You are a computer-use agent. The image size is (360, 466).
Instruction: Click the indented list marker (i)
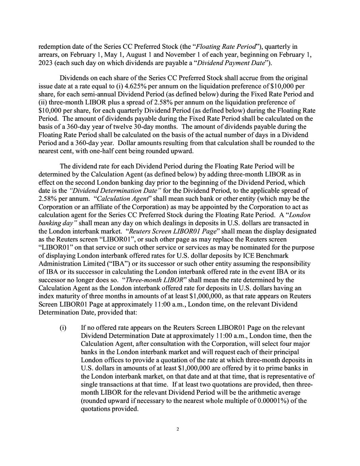tap(63, 328)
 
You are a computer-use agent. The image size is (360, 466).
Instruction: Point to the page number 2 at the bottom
tap(178, 429)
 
